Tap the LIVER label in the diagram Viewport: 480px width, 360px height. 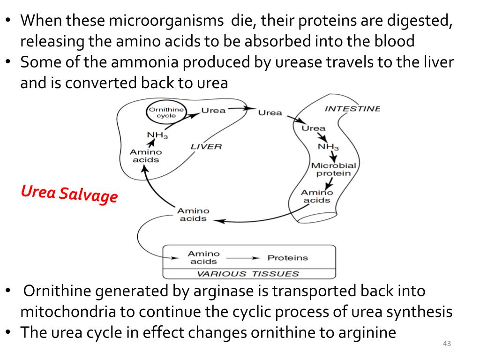(206, 147)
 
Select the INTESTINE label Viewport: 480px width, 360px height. (352, 109)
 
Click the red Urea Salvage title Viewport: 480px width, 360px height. (69, 193)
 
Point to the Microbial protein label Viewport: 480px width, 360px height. (333, 169)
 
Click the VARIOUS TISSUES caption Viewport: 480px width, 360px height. (248, 274)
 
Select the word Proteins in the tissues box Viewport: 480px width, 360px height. (287, 258)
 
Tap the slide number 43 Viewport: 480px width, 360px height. (446, 345)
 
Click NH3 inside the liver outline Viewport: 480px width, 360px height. (157, 136)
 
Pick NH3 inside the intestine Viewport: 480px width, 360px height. (328, 147)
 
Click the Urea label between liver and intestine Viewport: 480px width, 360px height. (270, 112)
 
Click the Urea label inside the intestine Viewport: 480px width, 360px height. (313, 128)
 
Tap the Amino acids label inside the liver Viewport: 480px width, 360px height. (145, 156)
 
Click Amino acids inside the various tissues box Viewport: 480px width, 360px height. (203, 258)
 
